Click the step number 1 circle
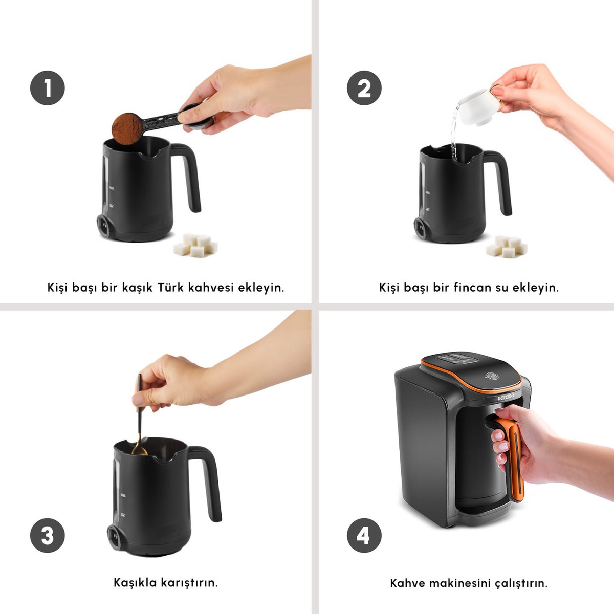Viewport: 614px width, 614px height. [48, 88]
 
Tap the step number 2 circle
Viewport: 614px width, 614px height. [364, 88]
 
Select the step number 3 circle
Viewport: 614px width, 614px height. [48, 536]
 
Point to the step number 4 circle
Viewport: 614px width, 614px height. [364, 536]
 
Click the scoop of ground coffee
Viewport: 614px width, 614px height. [127, 128]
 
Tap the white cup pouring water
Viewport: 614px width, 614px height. [478, 106]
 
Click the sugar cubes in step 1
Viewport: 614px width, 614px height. [195, 245]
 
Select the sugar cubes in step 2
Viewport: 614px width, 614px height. [507, 246]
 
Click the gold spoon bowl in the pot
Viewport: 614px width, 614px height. [140, 450]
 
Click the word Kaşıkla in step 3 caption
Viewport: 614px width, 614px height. [135, 583]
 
